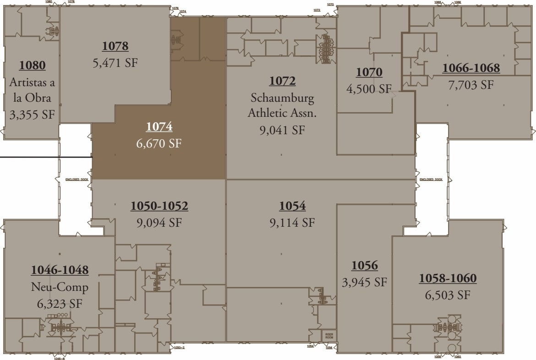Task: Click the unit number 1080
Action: click(x=32, y=65)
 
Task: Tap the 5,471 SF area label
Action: click(x=115, y=63)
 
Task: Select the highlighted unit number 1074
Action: click(x=159, y=127)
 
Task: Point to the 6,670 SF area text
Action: click(x=159, y=143)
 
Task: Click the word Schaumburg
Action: click(x=282, y=98)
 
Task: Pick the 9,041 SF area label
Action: click(x=282, y=130)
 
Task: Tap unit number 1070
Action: click(x=369, y=72)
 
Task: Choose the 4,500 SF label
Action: click(x=369, y=89)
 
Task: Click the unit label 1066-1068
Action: click(x=471, y=68)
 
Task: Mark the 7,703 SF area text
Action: click(x=471, y=85)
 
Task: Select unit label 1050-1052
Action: click(x=159, y=206)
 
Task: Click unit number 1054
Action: click(x=292, y=206)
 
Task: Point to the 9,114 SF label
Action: click(x=292, y=223)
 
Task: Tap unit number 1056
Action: click(x=365, y=266)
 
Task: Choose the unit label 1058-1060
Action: click(x=448, y=278)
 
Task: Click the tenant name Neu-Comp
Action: click(x=60, y=287)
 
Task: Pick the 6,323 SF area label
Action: click(x=60, y=303)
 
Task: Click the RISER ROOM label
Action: click(x=328, y=335)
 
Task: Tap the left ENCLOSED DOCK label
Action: click(x=77, y=180)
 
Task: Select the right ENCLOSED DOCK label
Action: click(x=431, y=180)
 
